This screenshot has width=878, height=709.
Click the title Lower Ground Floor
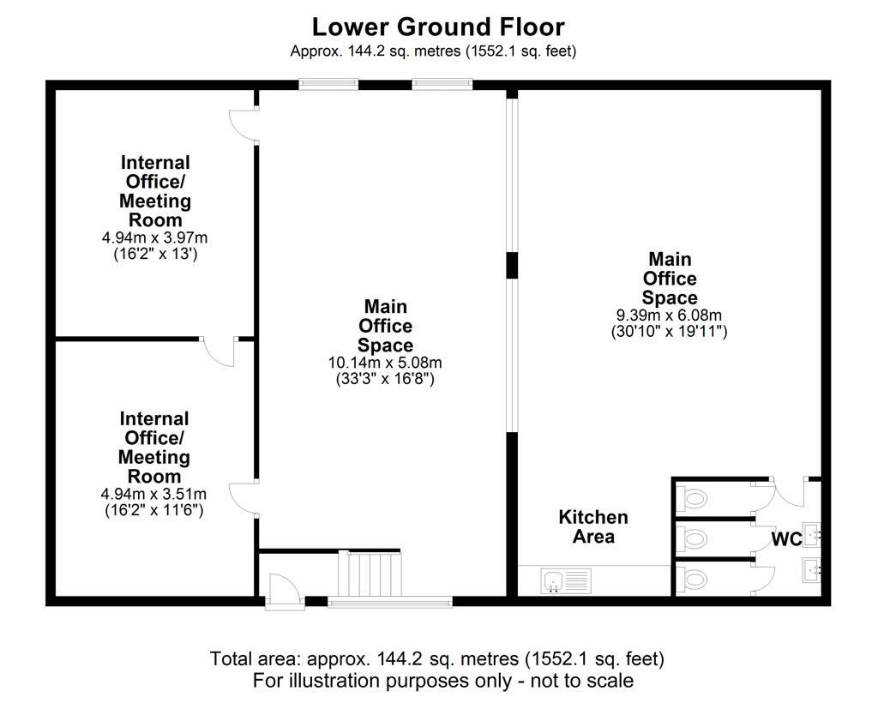click(438, 27)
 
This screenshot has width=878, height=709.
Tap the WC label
click(786, 540)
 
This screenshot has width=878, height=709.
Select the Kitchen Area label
click(593, 527)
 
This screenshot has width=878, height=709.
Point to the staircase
click(370, 573)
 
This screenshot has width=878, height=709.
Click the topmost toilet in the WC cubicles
click(693, 498)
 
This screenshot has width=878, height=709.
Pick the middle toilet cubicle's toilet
click(693, 539)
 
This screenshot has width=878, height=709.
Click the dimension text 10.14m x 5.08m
click(385, 363)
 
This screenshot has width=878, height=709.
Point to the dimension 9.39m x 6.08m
click(669, 315)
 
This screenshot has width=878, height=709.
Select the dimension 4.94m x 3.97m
click(155, 237)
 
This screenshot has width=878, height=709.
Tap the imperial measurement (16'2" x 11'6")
click(153, 510)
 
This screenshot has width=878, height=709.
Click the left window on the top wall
click(328, 84)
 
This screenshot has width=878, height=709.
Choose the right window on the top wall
click(442, 84)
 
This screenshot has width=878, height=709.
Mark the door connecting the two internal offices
click(219, 350)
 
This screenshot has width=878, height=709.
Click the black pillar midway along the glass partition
click(512, 265)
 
